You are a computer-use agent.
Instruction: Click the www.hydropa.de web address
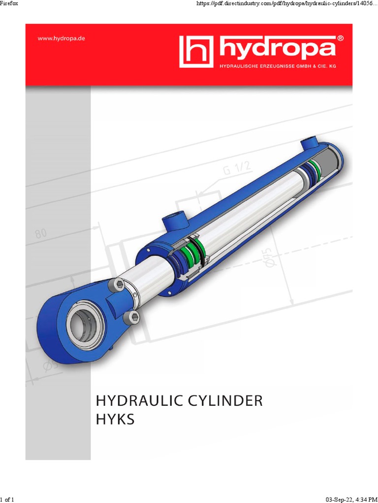click(x=62, y=38)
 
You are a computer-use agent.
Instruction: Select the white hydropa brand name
click(x=276, y=49)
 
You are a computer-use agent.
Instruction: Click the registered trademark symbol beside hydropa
click(x=340, y=38)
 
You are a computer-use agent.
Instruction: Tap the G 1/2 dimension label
click(x=237, y=170)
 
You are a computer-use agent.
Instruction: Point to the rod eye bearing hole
click(x=85, y=324)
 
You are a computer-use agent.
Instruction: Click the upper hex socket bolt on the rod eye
click(x=118, y=284)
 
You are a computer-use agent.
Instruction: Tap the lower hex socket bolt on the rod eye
click(x=131, y=316)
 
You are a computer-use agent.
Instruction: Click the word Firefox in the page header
click(x=11, y=5)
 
